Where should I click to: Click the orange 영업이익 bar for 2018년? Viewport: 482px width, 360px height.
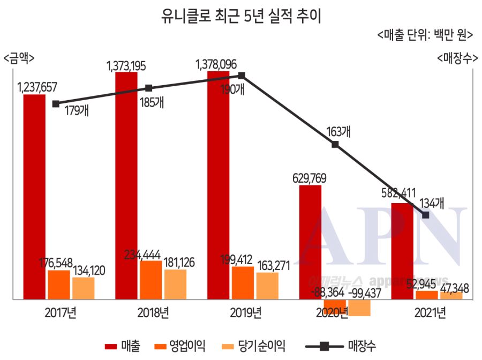(150, 280)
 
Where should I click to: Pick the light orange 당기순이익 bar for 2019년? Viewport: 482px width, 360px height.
(267, 286)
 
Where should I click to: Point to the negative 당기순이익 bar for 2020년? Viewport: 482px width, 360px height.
(359, 307)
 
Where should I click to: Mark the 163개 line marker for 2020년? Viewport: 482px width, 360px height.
(335, 144)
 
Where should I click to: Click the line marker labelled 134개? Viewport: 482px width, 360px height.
(426, 215)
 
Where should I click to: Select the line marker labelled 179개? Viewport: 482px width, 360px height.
(56, 104)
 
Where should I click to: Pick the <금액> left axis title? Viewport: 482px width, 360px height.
(18, 57)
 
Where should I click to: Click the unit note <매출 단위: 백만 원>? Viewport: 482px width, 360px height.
(425, 35)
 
